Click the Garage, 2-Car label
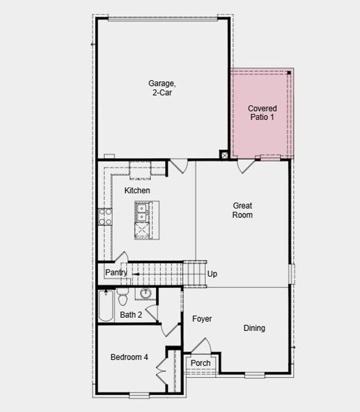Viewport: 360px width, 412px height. coord(162,88)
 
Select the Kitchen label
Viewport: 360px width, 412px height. coord(137,190)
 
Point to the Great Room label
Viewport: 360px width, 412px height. coord(242,210)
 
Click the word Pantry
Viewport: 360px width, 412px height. coord(116,273)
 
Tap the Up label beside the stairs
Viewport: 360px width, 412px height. coord(212,274)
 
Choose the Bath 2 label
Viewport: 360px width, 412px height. coord(131,315)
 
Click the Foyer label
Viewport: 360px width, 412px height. coord(202,319)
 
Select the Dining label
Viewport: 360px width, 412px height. coord(254,328)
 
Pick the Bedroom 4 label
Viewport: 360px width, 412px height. coord(129,357)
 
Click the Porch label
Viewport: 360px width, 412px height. coord(200,363)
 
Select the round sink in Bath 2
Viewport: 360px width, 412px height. coord(146,293)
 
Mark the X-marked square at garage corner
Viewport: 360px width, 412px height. coord(224,155)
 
